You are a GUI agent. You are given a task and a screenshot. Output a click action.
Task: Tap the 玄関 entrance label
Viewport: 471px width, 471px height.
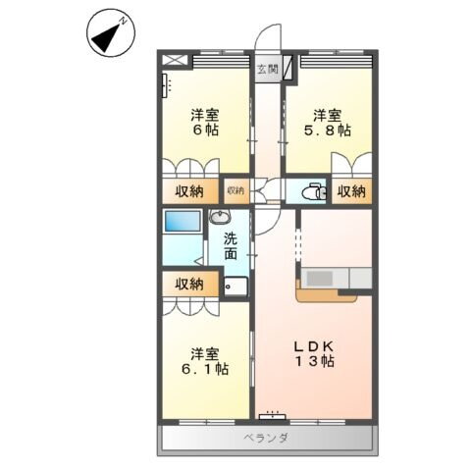coord(267,69)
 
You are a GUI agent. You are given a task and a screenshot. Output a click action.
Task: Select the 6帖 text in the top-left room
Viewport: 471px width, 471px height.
coord(205,132)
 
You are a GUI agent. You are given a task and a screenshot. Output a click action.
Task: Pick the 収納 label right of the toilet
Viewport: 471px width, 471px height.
coord(351,190)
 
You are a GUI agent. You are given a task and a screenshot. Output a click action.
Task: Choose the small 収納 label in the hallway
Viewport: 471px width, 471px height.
coord(235,190)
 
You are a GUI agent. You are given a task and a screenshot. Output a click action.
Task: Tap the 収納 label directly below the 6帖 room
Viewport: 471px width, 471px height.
coord(190,190)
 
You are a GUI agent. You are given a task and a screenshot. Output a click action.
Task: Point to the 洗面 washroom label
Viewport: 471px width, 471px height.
coord(230,245)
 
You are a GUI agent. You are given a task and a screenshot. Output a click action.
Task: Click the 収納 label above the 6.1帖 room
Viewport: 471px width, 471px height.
coord(189,284)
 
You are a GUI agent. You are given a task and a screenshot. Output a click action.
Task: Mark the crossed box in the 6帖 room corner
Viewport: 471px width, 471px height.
coord(174,60)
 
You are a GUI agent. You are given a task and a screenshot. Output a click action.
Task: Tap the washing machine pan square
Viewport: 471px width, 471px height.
coord(235,287)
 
